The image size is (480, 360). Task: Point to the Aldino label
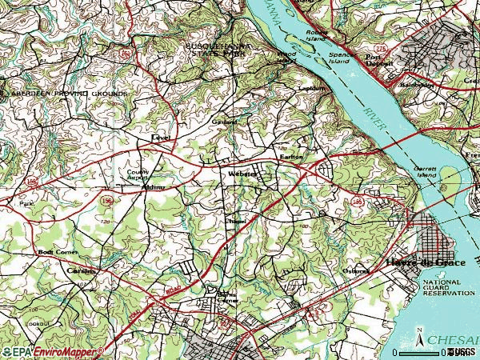(153, 186)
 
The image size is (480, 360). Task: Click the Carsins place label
(81, 270)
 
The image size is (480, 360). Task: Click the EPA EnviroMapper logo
(53, 351)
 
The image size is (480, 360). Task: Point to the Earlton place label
(290, 157)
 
